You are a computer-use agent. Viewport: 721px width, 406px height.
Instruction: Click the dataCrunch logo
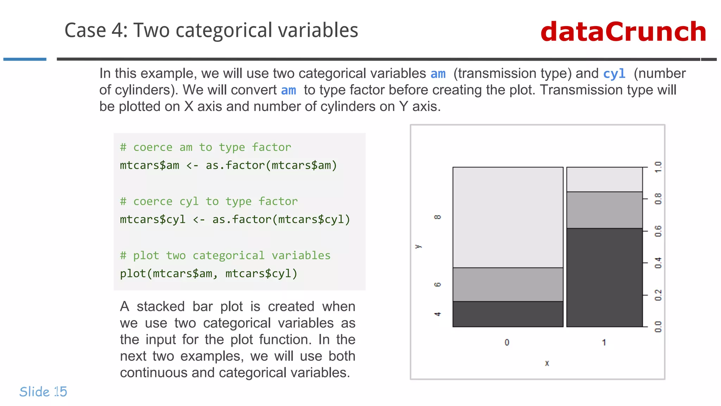pos(623,32)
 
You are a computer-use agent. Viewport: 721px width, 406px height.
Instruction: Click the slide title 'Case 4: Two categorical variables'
pos(211,30)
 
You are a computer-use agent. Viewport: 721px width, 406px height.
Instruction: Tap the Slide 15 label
pos(43,392)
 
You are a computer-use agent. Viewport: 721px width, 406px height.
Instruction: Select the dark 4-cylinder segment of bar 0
pos(508,314)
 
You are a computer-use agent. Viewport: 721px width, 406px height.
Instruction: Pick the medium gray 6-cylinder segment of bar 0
pos(508,284)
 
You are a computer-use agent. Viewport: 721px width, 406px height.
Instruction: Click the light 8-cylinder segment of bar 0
pos(508,217)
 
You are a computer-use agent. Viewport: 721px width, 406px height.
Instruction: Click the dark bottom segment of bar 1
pos(604,277)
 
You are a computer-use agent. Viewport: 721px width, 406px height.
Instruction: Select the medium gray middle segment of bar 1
pos(604,210)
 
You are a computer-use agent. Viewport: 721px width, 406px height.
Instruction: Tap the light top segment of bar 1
pos(604,179)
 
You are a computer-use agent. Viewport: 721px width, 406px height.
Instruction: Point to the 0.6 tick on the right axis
pos(658,231)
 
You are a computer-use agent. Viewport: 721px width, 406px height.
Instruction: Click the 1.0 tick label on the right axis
pos(658,167)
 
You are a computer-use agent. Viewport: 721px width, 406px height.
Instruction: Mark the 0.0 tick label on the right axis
pos(658,327)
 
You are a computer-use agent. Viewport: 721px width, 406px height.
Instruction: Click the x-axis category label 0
pos(507,342)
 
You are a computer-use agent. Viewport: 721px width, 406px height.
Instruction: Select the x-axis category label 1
pos(604,342)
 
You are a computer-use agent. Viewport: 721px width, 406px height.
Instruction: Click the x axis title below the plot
pos(547,363)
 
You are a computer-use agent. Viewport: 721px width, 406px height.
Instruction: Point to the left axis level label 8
pos(437,217)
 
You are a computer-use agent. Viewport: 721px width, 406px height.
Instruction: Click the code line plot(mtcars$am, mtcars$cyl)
pos(208,273)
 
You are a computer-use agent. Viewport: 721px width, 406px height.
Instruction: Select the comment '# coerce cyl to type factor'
pos(208,201)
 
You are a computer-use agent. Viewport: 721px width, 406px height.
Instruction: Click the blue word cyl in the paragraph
pos(614,74)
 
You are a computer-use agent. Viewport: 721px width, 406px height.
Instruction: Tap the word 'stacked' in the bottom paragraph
pos(161,307)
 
